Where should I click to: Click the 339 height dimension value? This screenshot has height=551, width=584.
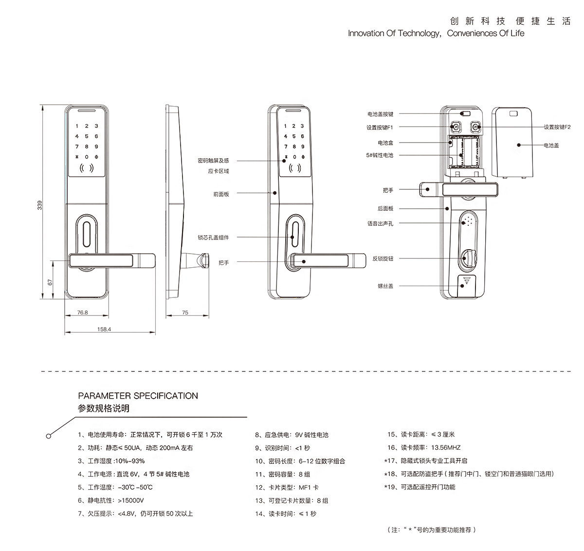(40, 205)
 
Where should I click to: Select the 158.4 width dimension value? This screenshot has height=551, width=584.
(104, 330)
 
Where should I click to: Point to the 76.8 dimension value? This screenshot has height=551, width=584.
(83, 312)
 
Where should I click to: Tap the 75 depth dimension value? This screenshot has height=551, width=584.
(185, 313)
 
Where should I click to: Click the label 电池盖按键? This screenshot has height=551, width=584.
(380, 114)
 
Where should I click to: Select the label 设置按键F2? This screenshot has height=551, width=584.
(557, 127)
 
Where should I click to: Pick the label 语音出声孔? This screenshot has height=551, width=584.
(380, 223)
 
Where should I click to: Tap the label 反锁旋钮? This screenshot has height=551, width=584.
(383, 258)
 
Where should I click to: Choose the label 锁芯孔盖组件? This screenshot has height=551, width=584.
(213, 238)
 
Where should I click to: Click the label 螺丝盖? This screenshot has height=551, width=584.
(385, 286)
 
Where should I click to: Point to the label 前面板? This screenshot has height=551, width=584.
(220, 194)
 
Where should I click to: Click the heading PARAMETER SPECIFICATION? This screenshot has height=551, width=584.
(138, 396)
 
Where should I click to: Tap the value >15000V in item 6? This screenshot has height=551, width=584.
(131, 500)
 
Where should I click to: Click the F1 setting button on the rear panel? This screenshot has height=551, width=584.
(456, 128)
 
